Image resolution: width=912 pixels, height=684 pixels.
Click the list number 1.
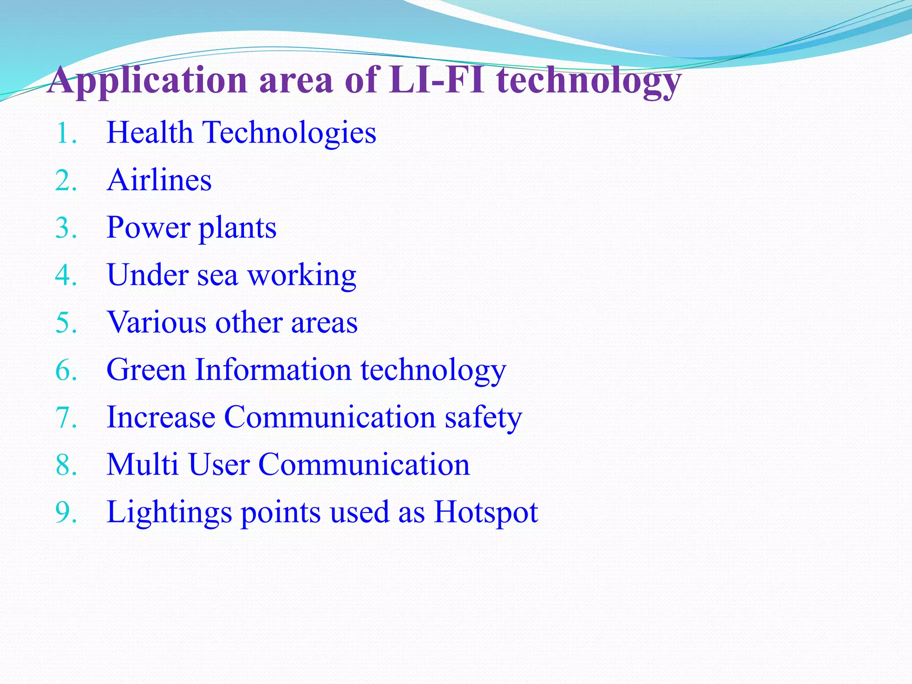[x=65, y=134]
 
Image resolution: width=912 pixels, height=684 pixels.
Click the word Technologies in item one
[x=289, y=133]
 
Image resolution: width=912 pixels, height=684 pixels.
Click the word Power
[x=148, y=228]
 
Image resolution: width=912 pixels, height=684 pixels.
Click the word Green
[x=146, y=370]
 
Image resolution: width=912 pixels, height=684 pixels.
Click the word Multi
[x=142, y=464]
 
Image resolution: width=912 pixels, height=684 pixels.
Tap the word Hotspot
[x=486, y=513]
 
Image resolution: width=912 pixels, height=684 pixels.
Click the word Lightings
[x=169, y=513]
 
